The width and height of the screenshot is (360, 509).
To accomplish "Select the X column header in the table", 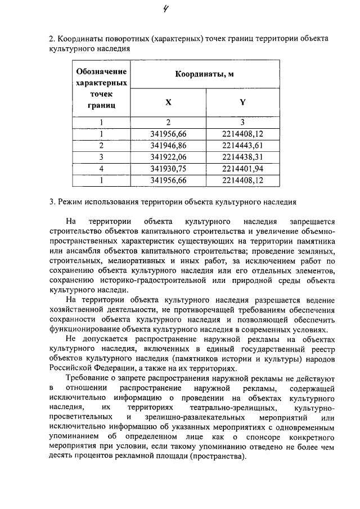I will (x=168, y=102).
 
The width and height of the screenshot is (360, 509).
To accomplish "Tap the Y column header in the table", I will (x=242, y=102).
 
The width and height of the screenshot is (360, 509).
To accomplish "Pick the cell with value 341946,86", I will (x=168, y=145).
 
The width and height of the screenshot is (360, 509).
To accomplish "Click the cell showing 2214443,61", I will (x=242, y=145).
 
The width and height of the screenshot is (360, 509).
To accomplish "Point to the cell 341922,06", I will (x=168, y=157).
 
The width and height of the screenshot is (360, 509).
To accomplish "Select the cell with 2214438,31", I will (x=242, y=157).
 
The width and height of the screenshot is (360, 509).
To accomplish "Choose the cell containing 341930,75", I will (x=168, y=169).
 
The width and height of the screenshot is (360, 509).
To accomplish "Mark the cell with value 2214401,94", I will (x=242, y=169).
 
